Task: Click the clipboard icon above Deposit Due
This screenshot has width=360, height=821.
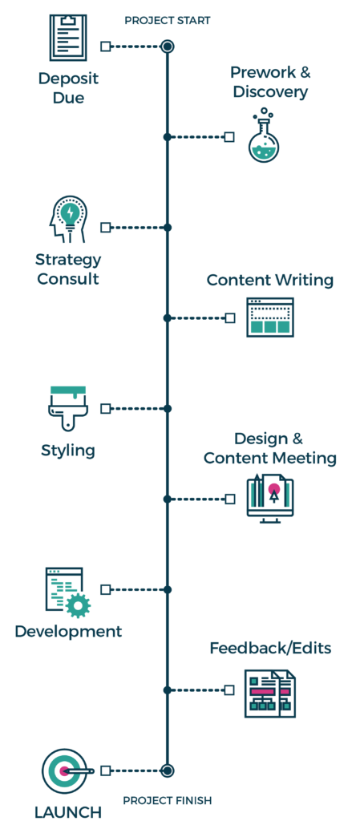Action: [67, 37]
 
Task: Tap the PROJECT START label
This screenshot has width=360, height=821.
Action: [168, 21]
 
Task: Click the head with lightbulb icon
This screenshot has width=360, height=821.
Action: [69, 219]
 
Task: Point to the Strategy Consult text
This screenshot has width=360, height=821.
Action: [68, 269]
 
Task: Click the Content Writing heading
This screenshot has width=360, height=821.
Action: [269, 280]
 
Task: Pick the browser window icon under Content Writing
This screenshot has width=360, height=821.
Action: [270, 317]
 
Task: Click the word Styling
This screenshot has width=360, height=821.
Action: [68, 451]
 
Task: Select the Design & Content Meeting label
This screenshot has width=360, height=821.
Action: [269, 448]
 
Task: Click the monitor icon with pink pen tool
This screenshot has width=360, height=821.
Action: [270, 498]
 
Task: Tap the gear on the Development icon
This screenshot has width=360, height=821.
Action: [78, 605]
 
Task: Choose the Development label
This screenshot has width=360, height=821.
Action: [68, 631]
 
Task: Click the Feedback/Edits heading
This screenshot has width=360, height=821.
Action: [270, 648]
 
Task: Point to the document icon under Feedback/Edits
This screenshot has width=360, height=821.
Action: [270, 693]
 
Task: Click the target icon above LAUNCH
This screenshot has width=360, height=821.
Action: [64, 770]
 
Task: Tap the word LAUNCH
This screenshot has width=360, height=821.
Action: [68, 811]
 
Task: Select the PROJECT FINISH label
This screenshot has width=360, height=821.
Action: [168, 800]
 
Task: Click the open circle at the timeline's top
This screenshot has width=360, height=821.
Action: [167, 47]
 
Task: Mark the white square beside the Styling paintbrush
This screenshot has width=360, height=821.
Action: [105, 408]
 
